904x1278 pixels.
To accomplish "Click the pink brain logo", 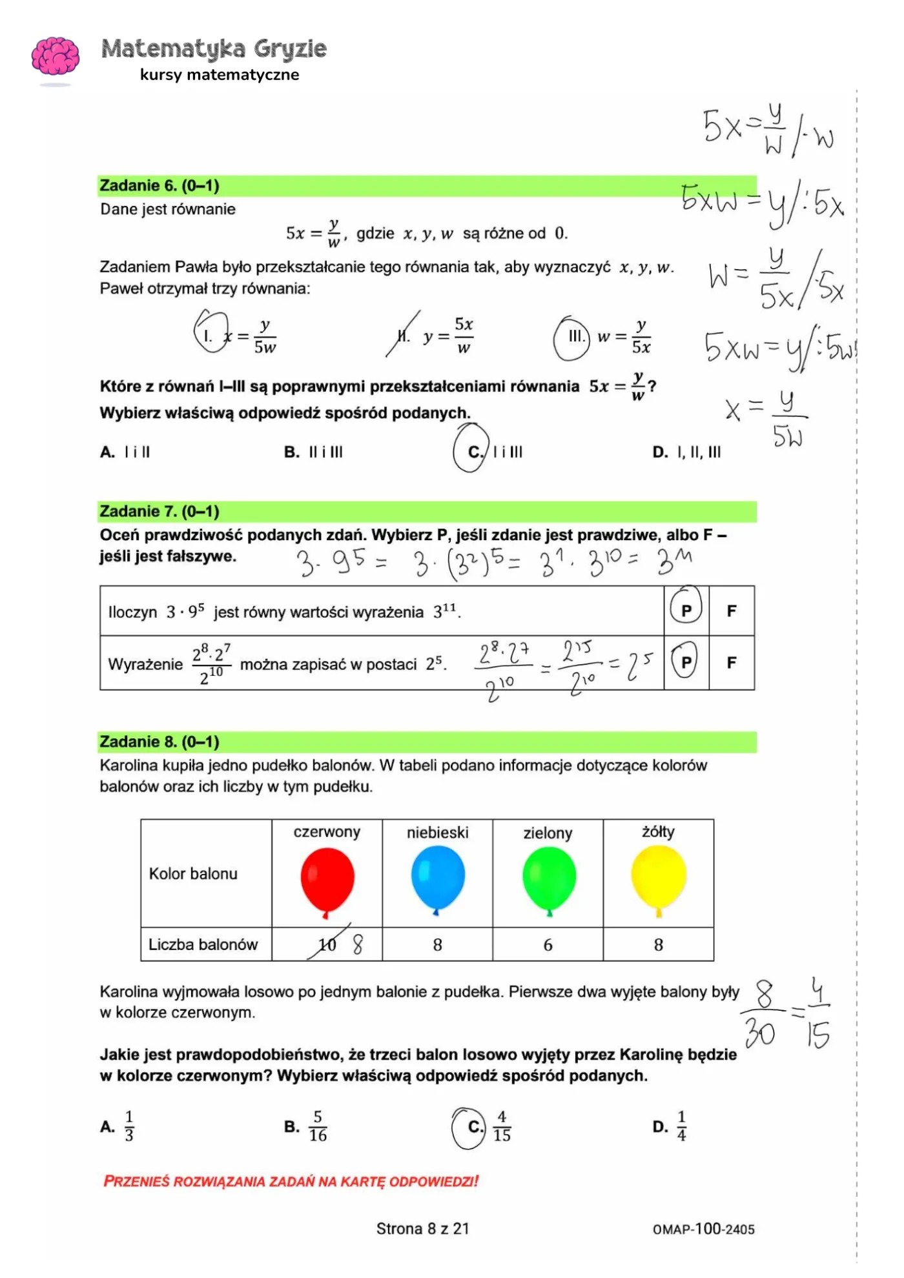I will point(56,56).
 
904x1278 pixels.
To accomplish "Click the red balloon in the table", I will point(327,878).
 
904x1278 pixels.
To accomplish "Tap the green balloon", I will point(549,878).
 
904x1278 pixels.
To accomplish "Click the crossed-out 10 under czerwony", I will point(327,945).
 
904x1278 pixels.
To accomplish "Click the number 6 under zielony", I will point(548,945).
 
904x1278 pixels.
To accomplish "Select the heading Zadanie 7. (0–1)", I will point(159,511).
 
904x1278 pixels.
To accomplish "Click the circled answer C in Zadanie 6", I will point(474,451).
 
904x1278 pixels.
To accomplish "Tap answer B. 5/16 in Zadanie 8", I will point(307,1126).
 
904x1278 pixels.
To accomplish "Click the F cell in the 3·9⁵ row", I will point(731,611).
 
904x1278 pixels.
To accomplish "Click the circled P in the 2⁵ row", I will point(686,662).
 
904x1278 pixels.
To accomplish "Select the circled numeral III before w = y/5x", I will point(573,337).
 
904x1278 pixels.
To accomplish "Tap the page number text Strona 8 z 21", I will point(422,1228).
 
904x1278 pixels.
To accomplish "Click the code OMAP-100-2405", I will point(703,1229).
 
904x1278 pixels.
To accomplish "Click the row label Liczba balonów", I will point(203,944).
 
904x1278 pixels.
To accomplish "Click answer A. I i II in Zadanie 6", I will point(126,452).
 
